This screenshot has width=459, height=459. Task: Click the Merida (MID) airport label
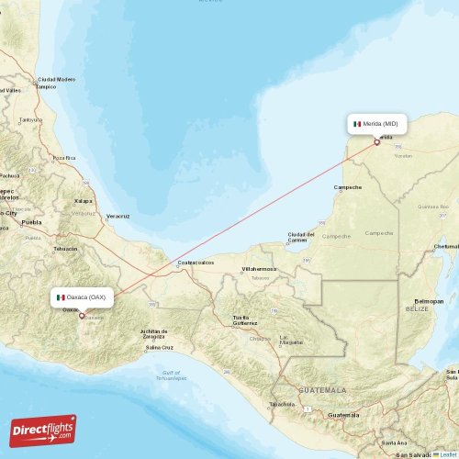376,123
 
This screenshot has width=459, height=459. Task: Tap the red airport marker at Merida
376,141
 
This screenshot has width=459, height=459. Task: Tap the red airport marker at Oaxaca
82,316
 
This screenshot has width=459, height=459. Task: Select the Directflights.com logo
43,430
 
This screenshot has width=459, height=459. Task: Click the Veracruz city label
117,217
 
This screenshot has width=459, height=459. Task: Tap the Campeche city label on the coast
347,187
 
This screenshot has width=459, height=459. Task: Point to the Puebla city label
32,222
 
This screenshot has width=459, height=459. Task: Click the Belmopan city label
429,300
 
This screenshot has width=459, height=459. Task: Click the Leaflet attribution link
448,454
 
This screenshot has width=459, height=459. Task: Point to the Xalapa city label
84,200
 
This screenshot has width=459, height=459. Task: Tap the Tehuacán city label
65,249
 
